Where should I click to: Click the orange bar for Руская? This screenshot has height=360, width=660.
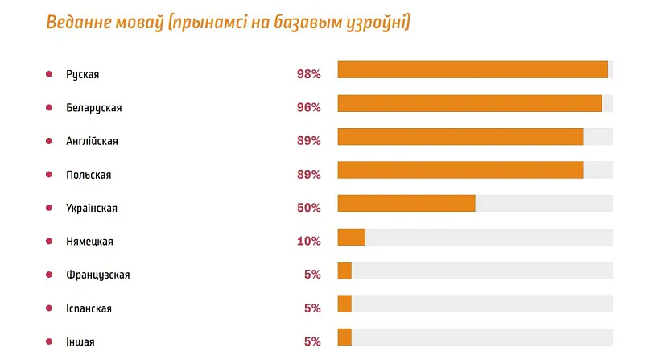472,70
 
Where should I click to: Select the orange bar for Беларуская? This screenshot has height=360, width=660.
469,103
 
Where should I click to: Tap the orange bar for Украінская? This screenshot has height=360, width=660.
406,203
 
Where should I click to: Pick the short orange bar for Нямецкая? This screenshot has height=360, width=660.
351,237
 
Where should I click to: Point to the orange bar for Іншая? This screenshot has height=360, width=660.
344,337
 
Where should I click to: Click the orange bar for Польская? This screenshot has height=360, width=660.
460,170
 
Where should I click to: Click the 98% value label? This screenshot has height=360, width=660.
308,74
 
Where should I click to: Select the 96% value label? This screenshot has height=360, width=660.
308,108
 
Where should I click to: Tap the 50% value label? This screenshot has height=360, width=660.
308,208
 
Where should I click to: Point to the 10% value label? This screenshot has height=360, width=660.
308,241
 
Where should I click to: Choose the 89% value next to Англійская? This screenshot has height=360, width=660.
308,141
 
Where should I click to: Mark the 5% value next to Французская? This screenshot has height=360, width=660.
312,275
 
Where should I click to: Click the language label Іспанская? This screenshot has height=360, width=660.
89,308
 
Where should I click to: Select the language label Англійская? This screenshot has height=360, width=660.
92,141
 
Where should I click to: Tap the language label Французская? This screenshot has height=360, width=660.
97,275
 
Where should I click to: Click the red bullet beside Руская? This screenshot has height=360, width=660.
49,74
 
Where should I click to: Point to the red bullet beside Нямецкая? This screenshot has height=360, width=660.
49,241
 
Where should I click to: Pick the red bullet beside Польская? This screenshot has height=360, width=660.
49,175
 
